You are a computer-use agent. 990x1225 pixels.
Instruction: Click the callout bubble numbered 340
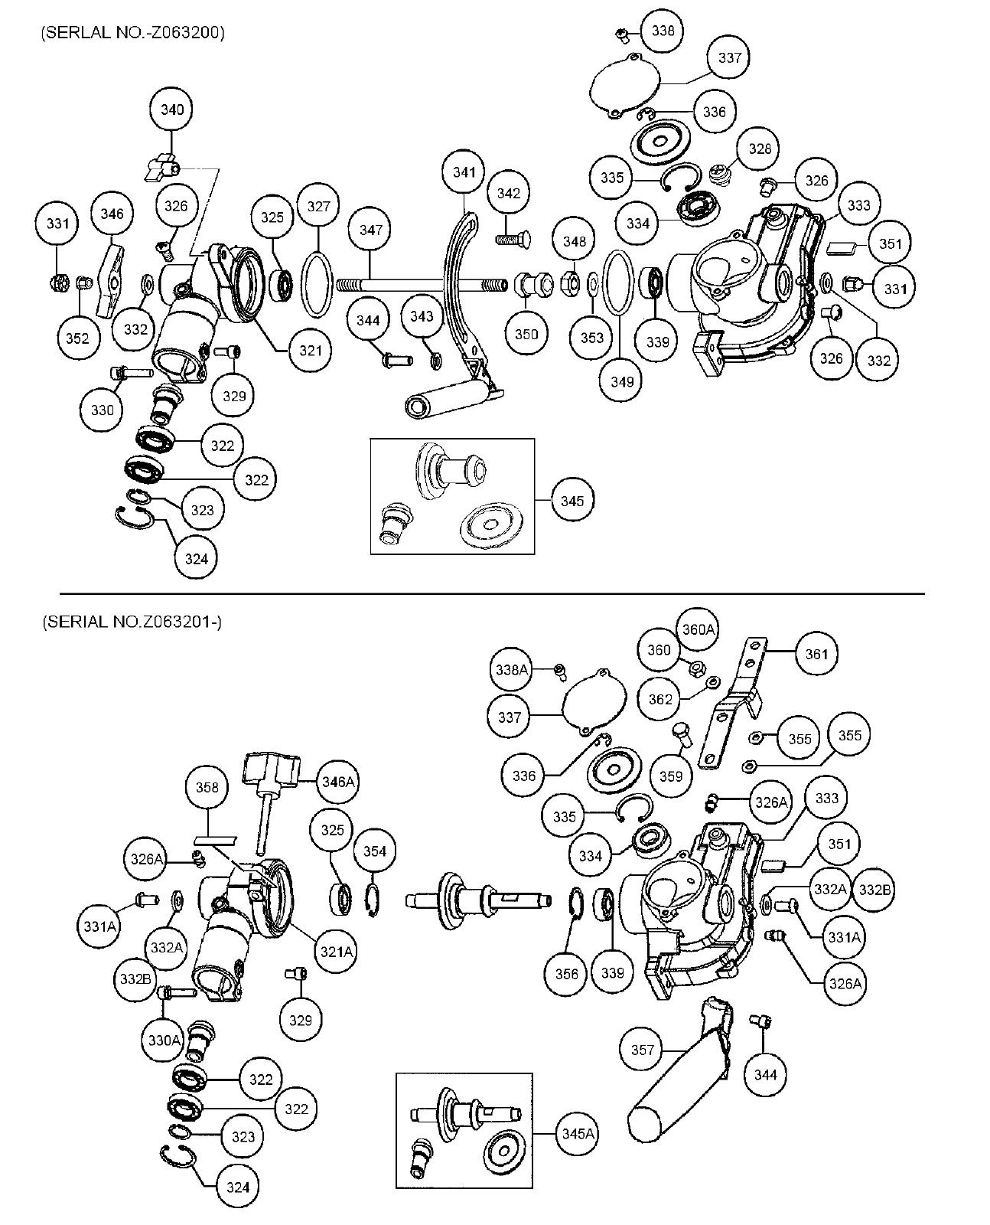pyautogui.click(x=171, y=110)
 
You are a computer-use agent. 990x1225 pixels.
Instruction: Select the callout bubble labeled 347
pyautogui.click(x=370, y=230)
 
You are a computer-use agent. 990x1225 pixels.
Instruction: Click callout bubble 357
pyautogui.click(x=643, y=1050)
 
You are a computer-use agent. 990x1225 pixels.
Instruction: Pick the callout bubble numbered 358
pyautogui.click(x=207, y=788)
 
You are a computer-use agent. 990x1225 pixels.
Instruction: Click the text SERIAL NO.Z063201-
pyautogui.click(x=132, y=621)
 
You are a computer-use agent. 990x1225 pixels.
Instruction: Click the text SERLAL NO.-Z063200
pyautogui.click(x=133, y=33)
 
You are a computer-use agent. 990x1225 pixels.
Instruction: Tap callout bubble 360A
pyautogui.click(x=698, y=629)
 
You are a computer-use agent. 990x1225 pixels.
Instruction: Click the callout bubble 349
pyautogui.click(x=621, y=381)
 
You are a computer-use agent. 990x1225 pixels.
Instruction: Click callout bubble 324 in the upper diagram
pyautogui.click(x=197, y=559)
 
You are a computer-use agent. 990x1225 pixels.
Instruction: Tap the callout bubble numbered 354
pyautogui.click(x=374, y=851)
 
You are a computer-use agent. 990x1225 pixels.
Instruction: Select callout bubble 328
pyautogui.click(x=759, y=149)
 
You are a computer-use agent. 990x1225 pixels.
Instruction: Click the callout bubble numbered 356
pyautogui.click(x=567, y=974)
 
